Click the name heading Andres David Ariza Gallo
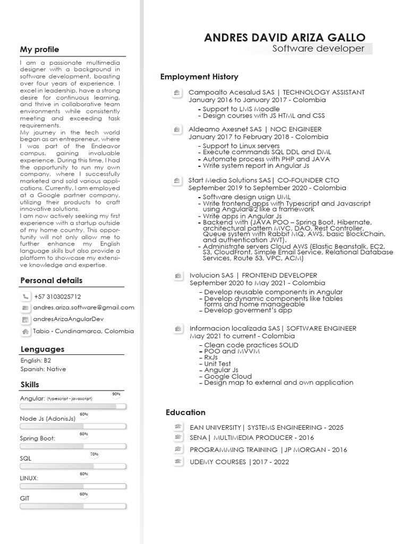[x=285, y=37]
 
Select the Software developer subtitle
[x=318, y=49]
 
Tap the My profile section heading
[x=40, y=49]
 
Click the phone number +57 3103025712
[x=57, y=296]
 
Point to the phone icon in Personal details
[x=25, y=296]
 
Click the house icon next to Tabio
[x=25, y=331]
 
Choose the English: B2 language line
[x=36, y=360]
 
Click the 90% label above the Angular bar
[x=116, y=394]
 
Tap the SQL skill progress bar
[x=73, y=466]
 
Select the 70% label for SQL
[x=94, y=454]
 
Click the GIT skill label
[x=25, y=498]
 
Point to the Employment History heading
[x=199, y=77]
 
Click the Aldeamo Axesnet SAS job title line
[x=255, y=129]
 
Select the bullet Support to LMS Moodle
[x=241, y=109]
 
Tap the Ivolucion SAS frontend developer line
[x=253, y=275]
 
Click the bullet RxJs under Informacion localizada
[x=211, y=358]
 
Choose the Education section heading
[x=185, y=412]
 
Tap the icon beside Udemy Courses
[x=178, y=461]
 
